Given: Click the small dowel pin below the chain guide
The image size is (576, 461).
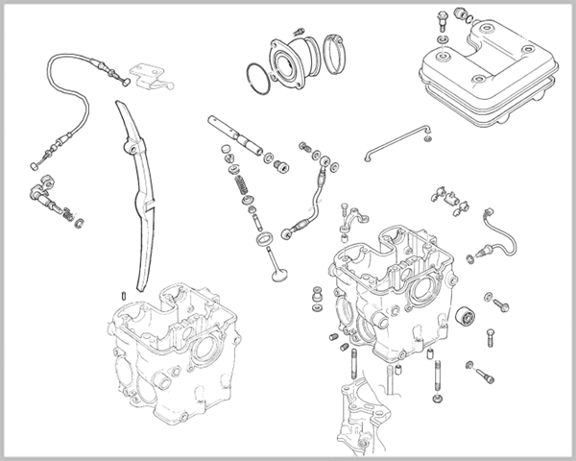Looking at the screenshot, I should point(126,295).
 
